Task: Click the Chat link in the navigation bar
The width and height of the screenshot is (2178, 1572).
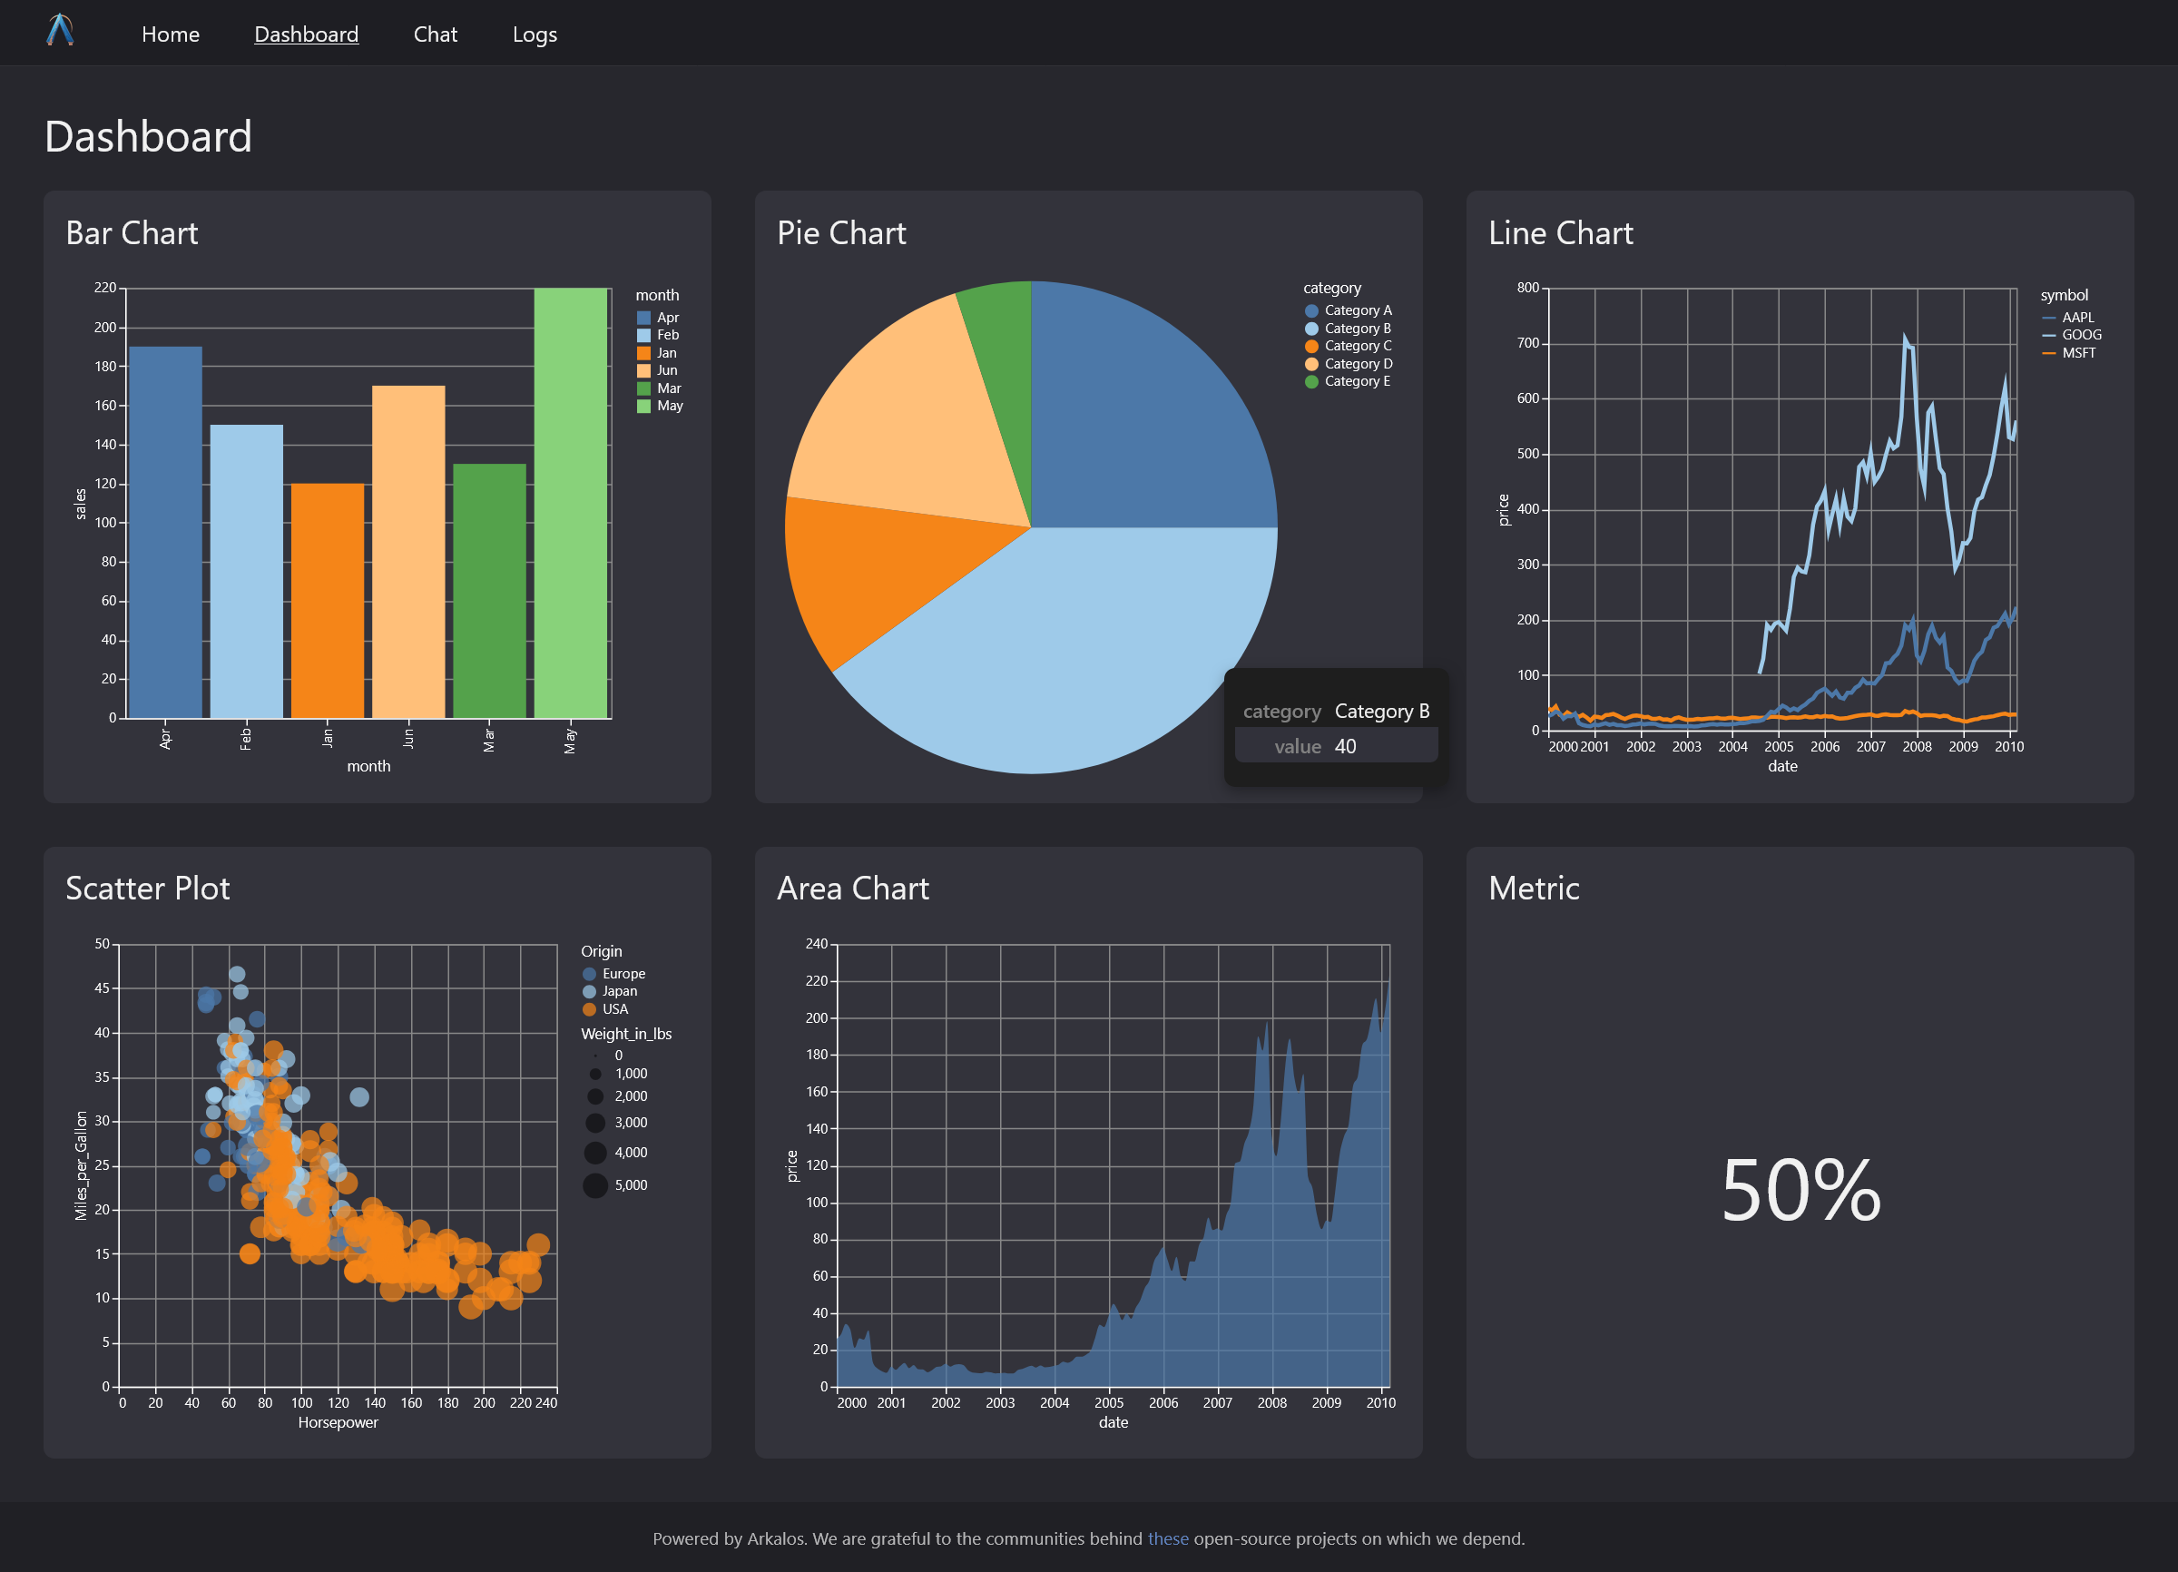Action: click(x=435, y=34)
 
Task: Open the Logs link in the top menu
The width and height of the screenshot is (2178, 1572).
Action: click(x=535, y=34)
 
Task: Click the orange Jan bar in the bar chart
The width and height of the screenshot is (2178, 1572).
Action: click(x=328, y=600)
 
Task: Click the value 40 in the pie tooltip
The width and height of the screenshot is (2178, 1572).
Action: click(x=1346, y=746)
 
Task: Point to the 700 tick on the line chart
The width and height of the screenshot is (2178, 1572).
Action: click(x=1528, y=343)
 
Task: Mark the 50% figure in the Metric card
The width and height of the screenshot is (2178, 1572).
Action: click(x=1800, y=1190)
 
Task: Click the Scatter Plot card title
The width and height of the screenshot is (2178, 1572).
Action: click(x=148, y=889)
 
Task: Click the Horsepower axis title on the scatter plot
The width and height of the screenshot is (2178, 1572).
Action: click(x=338, y=1422)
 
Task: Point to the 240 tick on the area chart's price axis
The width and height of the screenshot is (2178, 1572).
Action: click(x=816, y=944)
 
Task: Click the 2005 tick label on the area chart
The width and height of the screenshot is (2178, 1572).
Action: click(x=1109, y=1403)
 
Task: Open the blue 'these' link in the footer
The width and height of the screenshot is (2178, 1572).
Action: click(x=1168, y=1538)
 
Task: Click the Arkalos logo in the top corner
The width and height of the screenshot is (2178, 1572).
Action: click(x=61, y=31)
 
